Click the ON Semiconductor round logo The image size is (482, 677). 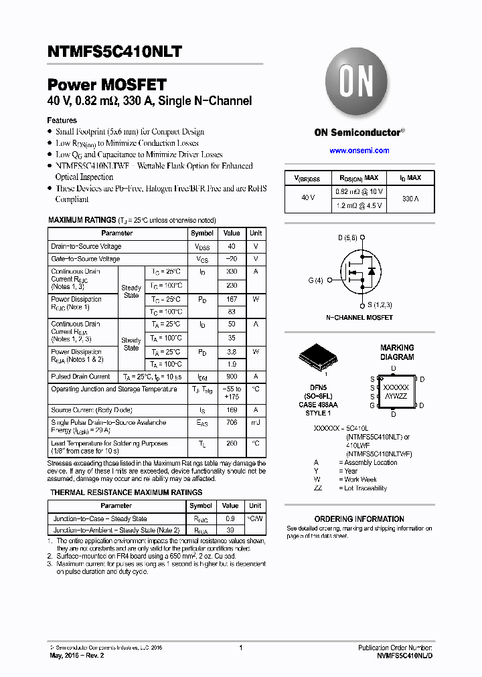359,84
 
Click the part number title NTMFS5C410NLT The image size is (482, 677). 114,52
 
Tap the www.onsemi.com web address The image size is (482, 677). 359,151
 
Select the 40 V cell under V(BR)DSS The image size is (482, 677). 308,199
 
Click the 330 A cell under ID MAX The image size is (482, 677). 411,199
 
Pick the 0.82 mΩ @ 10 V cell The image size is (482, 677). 358,192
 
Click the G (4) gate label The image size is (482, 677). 315,280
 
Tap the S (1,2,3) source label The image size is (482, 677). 378,305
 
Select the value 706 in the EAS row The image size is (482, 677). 232,423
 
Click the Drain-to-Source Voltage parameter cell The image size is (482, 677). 86,246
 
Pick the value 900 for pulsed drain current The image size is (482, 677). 232,377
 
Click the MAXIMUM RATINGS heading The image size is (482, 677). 83,220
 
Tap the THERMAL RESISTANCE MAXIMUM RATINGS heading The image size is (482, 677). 126,492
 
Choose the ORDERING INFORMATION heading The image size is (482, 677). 359,519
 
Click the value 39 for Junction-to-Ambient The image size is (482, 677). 230,530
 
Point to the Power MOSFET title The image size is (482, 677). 106,85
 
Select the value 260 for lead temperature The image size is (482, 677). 232,443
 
